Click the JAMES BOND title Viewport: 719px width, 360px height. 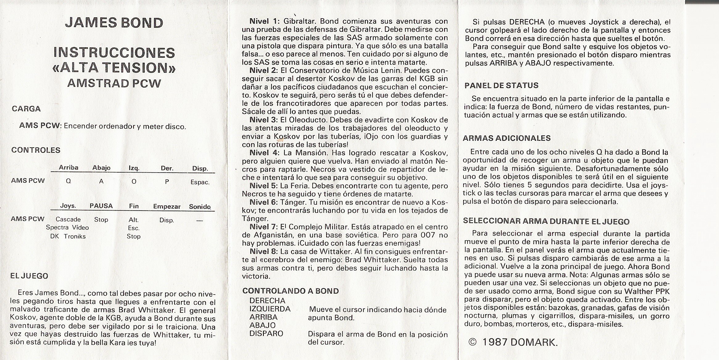point(114,23)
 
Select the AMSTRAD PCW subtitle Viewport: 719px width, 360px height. point(114,83)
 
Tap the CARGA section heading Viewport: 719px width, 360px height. point(26,109)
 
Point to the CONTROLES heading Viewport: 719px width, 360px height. point(36,150)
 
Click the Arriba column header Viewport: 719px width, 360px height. point(69,168)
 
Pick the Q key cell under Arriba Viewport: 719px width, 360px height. point(69,182)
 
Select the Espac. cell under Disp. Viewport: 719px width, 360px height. point(200,182)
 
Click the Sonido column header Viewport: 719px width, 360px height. point(200,207)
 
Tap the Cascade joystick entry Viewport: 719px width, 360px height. point(68,220)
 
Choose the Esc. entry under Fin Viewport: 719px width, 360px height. point(134,228)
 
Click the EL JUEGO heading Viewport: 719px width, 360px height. point(29,276)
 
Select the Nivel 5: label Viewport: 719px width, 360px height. point(264,186)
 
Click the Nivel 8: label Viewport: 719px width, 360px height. point(264,252)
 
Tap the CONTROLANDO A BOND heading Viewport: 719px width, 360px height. point(290,291)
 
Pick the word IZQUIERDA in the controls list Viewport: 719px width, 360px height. point(270,309)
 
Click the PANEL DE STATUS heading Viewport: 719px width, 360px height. point(501,86)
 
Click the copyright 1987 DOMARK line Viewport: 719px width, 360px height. point(513,342)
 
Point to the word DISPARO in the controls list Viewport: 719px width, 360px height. point(266,334)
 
